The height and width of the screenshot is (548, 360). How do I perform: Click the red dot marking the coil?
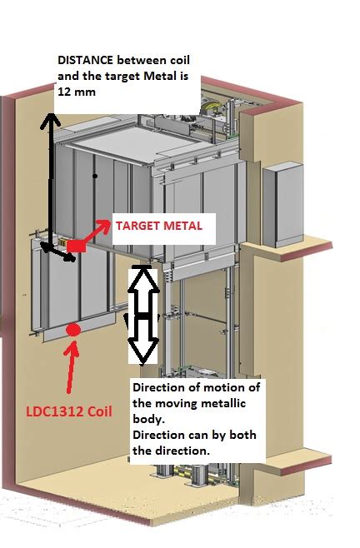click(x=73, y=329)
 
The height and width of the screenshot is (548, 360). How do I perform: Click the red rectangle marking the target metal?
click(x=76, y=246)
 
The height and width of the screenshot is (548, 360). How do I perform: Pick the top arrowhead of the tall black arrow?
click(x=51, y=119)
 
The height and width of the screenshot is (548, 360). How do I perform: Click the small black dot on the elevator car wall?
click(x=97, y=177)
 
